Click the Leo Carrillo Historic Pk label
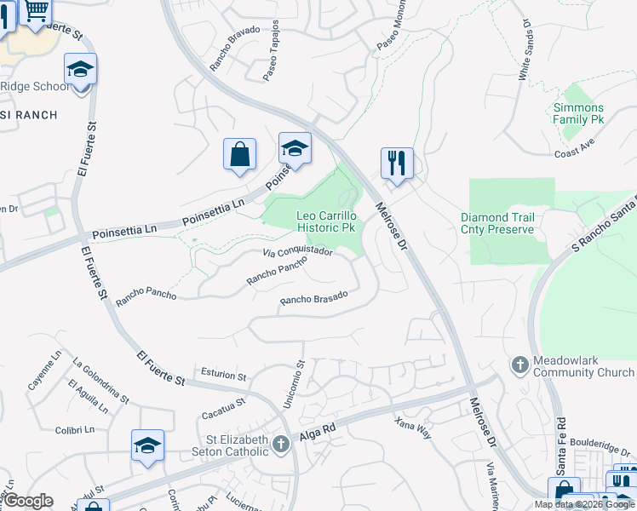[x=325, y=222]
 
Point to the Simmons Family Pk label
[x=578, y=114]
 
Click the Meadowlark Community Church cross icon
[x=519, y=365]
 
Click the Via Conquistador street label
[x=297, y=252]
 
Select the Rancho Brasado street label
[x=314, y=298]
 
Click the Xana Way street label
[x=413, y=428]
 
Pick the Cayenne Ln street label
[x=43, y=371]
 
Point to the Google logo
[x=27, y=501]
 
